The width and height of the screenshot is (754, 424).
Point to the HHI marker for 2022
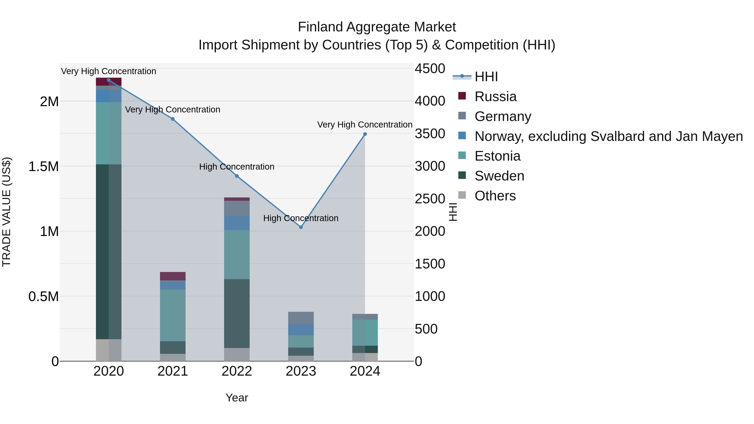coord(237,176)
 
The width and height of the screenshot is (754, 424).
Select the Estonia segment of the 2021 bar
coord(173,315)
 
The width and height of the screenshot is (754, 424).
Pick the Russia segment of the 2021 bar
coord(173,276)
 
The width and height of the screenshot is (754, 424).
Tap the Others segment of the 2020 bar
coord(108,350)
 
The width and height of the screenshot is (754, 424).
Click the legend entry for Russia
coord(495,97)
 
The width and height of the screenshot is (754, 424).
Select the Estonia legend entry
coord(497,156)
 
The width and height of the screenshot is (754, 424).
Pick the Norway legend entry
coord(608,136)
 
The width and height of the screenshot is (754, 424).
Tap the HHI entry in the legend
coord(486,77)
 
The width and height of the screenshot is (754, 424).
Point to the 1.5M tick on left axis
coord(44,166)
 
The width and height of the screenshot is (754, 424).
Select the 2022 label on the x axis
coord(237,371)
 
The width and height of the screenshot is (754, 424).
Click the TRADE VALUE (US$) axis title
coord(6,212)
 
